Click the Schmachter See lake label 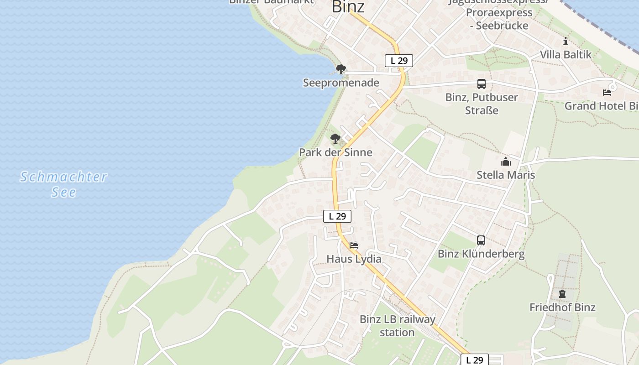click(64, 184)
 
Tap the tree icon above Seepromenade click(340, 69)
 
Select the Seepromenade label click(341, 83)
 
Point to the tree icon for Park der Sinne click(335, 138)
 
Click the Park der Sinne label click(335, 152)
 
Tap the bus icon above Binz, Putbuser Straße click(482, 84)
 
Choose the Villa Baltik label click(566, 55)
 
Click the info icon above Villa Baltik click(566, 42)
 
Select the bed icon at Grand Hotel click(607, 93)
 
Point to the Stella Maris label click(506, 175)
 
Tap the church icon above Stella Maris click(506, 162)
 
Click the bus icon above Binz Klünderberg click(481, 240)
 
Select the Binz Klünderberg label click(481, 254)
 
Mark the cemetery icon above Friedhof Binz click(562, 294)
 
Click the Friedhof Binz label click(562, 307)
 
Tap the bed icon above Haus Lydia click(354, 245)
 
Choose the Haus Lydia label click(354, 259)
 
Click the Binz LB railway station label click(397, 325)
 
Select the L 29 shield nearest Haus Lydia click(337, 216)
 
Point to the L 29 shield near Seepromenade click(399, 61)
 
